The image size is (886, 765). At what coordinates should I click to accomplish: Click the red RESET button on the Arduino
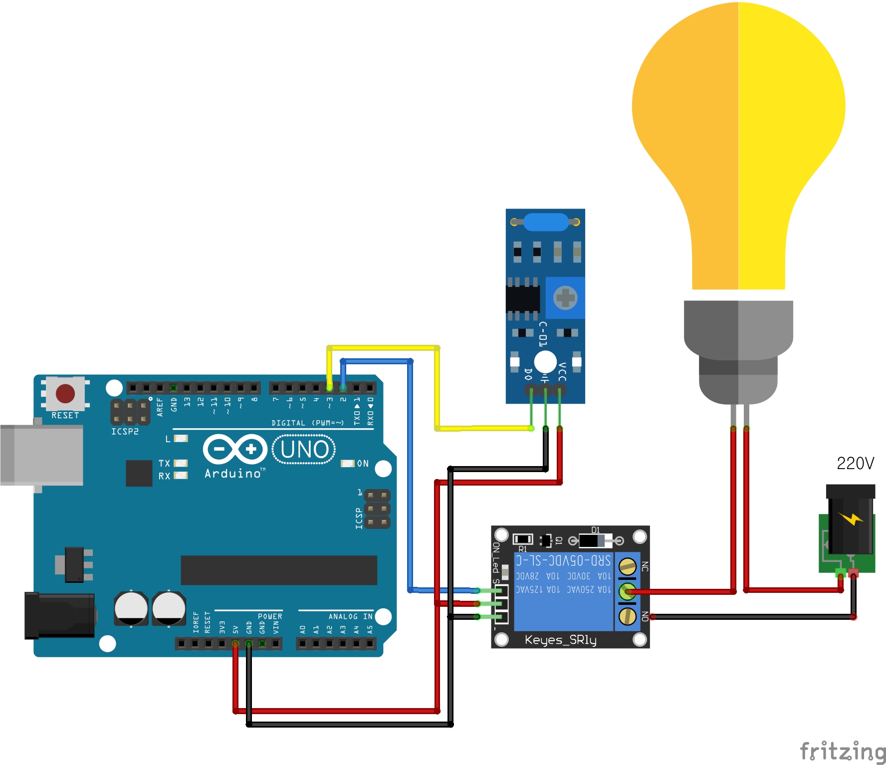(x=65, y=393)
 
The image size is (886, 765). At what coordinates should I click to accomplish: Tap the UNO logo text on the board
(x=304, y=449)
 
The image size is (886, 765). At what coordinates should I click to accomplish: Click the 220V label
(x=855, y=464)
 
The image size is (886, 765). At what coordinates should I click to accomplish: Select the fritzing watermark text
(x=842, y=752)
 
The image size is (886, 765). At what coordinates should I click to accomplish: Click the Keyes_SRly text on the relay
(x=560, y=640)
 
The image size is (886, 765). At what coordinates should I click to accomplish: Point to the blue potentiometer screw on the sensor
(x=565, y=298)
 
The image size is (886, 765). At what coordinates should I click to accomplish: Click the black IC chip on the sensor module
(x=523, y=298)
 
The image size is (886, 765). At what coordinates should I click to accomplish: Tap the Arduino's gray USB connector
(x=42, y=455)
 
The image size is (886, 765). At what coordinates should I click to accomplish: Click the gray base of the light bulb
(x=738, y=349)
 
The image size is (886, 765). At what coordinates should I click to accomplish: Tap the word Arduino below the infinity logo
(x=232, y=474)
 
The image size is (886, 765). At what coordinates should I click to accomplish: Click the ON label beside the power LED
(x=363, y=464)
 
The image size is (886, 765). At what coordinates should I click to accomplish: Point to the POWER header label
(x=270, y=616)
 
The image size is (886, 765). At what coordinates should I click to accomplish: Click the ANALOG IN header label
(x=350, y=616)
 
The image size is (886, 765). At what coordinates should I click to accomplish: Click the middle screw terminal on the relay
(x=627, y=592)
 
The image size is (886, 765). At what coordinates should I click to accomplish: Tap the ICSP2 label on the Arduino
(x=125, y=431)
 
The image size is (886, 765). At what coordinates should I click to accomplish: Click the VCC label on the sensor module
(x=562, y=372)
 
